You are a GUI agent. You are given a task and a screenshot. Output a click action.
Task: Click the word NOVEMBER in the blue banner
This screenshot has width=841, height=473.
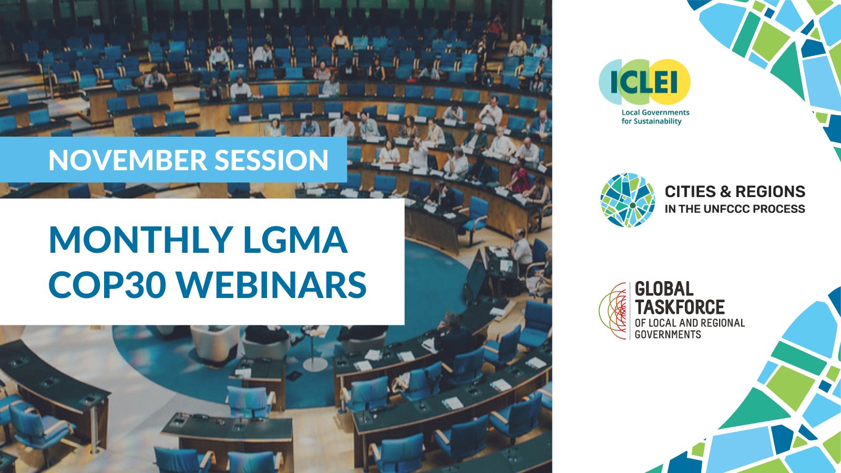[128, 160]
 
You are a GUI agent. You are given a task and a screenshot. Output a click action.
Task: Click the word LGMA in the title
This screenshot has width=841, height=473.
[295, 240]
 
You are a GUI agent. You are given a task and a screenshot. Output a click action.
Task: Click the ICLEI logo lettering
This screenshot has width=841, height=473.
[644, 82]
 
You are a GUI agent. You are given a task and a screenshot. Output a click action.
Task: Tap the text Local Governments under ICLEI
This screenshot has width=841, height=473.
[655, 112]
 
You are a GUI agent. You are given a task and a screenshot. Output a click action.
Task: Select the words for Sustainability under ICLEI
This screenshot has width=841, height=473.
[651, 121]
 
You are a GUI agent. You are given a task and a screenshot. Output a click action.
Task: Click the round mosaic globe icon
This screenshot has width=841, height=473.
[628, 200]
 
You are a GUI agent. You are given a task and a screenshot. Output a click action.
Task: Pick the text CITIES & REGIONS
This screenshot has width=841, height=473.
[735, 191]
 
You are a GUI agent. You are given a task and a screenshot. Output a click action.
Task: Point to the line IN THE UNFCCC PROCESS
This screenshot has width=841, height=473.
[735, 209]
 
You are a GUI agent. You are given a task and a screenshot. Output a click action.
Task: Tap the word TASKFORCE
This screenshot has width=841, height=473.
[680, 307]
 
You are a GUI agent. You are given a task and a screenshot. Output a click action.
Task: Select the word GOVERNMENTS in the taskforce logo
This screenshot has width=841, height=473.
[668, 334]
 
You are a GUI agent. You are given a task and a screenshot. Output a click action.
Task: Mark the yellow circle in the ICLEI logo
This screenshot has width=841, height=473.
[670, 82]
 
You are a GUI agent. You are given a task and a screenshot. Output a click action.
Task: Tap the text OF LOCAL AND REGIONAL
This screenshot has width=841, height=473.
[690, 323]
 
